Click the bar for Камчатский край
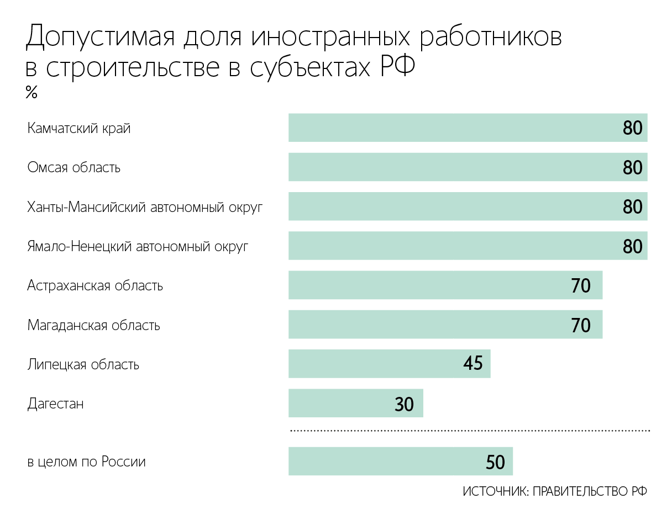click(x=468, y=128)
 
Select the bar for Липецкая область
click(x=389, y=364)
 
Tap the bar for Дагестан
click(x=355, y=404)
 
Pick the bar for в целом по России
click(x=400, y=461)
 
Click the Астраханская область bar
click(x=445, y=285)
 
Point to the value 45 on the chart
click(x=473, y=364)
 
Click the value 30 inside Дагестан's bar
click(x=404, y=404)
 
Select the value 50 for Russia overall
click(x=495, y=462)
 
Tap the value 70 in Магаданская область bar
click(x=580, y=325)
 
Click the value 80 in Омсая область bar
click(x=632, y=167)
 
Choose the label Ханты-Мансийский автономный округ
click(x=145, y=207)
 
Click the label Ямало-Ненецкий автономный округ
click(x=138, y=246)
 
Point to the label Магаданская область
click(x=93, y=325)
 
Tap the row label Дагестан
click(x=55, y=404)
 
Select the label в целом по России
click(x=86, y=461)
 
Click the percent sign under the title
click(x=31, y=93)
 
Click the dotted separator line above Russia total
click(x=470, y=429)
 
